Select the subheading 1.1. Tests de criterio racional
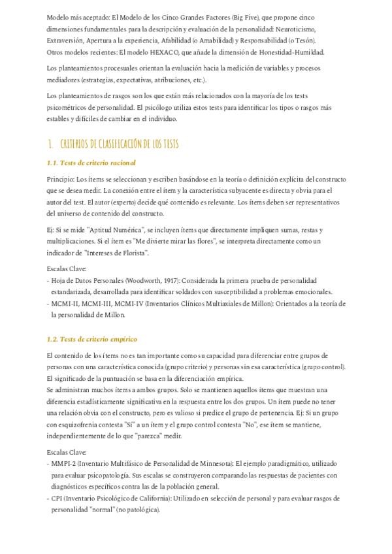pos(91,163)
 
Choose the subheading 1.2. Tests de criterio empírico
pos(92,340)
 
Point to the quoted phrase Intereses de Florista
pos(119,253)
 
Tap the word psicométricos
pos(71,108)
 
